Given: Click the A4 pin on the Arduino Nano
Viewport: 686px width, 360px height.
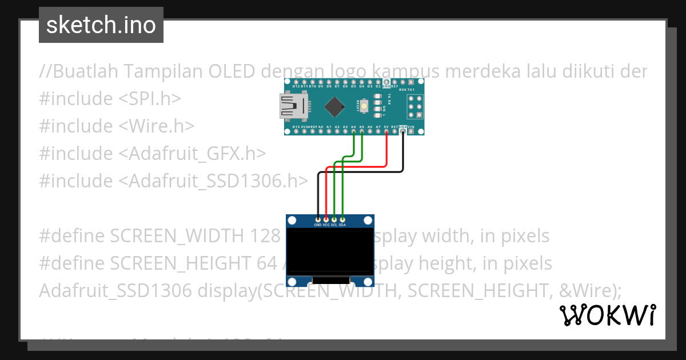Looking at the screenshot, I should (x=354, y=132).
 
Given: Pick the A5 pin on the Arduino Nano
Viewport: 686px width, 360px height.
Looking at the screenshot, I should (x=362, y=132).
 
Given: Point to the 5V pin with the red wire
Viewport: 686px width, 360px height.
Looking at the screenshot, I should (x=387, y=132).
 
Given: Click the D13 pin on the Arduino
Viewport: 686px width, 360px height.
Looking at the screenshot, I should (x=296, y=132).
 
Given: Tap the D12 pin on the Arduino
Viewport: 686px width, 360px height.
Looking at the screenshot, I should (x=296, y=81).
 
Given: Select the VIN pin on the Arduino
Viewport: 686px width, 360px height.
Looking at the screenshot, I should (x=412, y=132).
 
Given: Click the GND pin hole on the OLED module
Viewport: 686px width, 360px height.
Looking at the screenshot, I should (x=318, y=219).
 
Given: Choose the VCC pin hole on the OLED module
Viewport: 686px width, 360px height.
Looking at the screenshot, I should (x=326, y=219).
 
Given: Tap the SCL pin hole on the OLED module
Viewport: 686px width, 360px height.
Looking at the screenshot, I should (x=334, y=219).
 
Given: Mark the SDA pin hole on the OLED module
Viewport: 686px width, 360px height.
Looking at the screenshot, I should (x=342, y=219).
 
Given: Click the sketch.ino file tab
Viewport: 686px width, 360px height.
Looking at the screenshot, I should (x=101, y=25).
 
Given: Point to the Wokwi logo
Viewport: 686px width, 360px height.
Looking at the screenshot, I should (x=608, y=315).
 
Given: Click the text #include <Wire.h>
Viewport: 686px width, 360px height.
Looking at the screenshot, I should (x=117, y=126).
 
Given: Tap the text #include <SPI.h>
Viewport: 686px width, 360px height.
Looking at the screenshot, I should (x=110, y=98).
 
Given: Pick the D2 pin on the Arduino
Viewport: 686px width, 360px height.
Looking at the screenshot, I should (x=378, y=81).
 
